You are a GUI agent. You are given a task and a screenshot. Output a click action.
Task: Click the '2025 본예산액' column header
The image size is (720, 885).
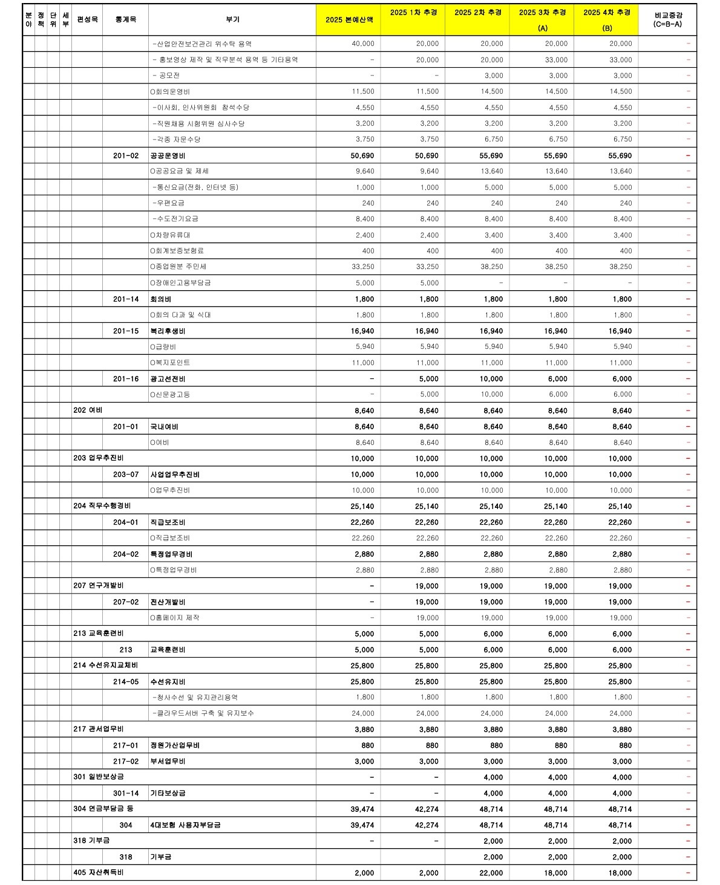[349, 20]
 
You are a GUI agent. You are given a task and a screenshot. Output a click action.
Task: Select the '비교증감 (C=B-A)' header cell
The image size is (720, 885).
[667, 20]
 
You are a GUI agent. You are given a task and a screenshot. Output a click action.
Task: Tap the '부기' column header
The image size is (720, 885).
[232, 20]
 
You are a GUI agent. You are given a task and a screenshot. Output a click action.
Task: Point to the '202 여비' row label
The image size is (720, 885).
[88, 410]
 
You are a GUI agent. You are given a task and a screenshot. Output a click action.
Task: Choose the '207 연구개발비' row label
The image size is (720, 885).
[99, 586]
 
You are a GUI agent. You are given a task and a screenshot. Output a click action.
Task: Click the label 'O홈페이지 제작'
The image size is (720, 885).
[175, 618]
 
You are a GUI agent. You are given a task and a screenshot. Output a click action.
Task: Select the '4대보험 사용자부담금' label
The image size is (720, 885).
[185, 825]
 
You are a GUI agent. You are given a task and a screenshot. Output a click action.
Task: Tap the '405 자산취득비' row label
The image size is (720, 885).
[99, 873]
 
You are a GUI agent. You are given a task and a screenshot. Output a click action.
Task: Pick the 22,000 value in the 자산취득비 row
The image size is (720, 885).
[491, 873]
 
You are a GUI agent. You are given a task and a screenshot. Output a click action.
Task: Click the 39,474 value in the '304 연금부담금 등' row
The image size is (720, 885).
[362, 809]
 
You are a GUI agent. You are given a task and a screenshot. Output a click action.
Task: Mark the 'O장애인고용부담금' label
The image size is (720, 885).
[180, 283]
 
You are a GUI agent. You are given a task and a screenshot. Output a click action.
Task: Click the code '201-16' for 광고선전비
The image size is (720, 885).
[126, 379]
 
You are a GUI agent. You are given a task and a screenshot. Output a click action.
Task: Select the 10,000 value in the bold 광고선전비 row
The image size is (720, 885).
[491, 379]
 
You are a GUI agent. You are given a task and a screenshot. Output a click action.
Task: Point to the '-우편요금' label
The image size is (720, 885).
[168, 203]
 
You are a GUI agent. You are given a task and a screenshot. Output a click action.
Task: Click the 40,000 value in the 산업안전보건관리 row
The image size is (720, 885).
[363, 44]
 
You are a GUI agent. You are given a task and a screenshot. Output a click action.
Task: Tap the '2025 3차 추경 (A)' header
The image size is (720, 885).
[542, 20]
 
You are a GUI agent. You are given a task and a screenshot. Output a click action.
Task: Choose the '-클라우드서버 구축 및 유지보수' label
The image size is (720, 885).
[203, 713]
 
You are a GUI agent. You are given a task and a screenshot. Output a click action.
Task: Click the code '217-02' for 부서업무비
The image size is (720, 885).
[126, 762]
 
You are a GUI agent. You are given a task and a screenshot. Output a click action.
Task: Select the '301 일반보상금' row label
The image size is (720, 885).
[99, 777]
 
